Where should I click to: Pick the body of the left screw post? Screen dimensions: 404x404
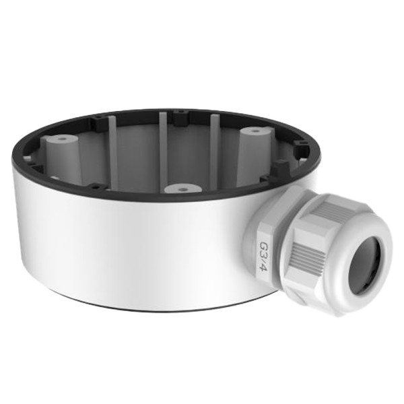[x=63, y=162]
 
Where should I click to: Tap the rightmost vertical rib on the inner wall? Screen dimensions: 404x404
[x=214, y=145]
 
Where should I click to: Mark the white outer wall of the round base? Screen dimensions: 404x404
[x=135, y=249]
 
